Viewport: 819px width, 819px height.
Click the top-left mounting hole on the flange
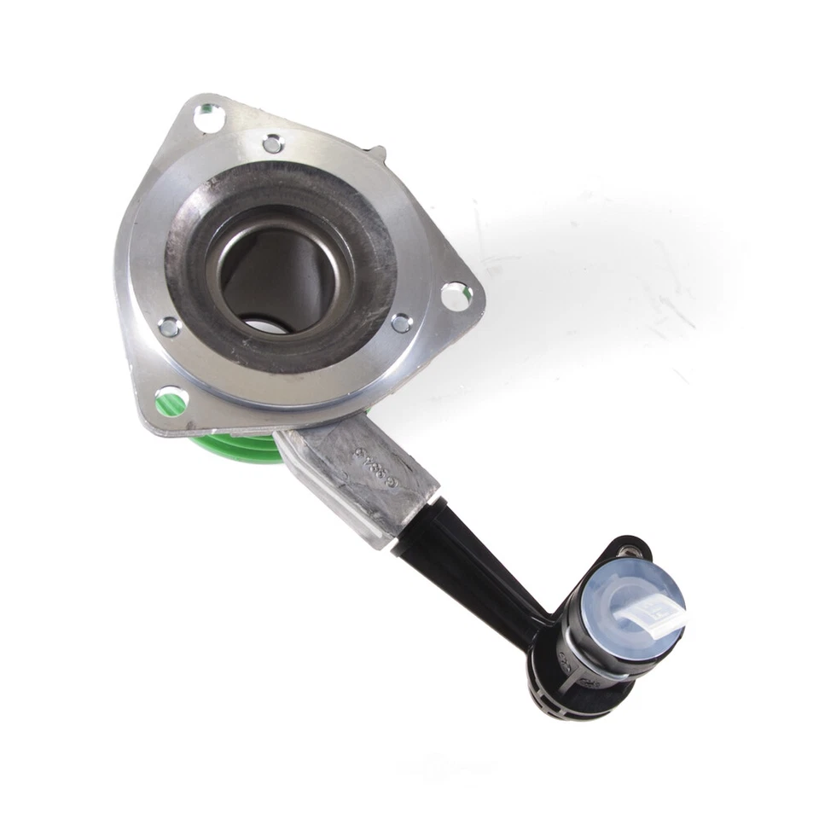pyautogui.click(x=208, y=117)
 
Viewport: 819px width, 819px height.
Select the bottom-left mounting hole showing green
pyautogui.click(x=170, y=399)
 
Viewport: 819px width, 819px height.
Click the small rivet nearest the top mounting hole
pyautogui.click(x=273, y=143)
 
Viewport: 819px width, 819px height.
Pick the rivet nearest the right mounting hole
pyautogui.click(x=401, y=323)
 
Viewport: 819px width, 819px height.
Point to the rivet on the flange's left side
pyautogui.click(x=169, y=326)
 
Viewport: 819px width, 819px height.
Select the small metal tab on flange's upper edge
pyautogui.click(x=376, y=153)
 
